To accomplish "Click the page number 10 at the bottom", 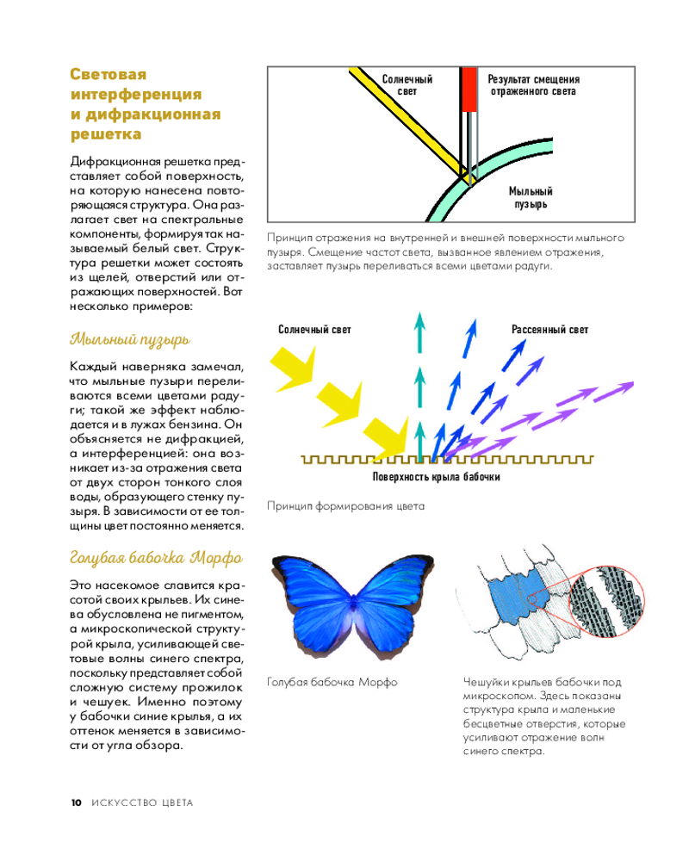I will coord(76,802).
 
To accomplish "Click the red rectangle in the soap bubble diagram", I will coord(469,90).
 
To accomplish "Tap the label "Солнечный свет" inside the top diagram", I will coord(407,84).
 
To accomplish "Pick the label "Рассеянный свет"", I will coord(549,330).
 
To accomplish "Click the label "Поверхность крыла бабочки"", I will coord(436,476).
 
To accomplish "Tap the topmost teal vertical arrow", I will coord(420,331).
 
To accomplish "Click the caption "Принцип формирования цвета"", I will coord(346,506).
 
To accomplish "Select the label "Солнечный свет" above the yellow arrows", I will coord(314,330).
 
